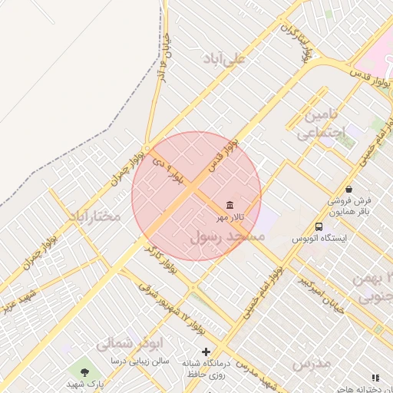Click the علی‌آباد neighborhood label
[x=223, y=58]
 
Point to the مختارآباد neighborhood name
[x=94, y=216]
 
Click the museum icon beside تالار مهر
[x=230, y=205]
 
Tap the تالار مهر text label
[x=230, y=217]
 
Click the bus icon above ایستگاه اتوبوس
[x=319, y=226]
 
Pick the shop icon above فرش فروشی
[x=349, y=189]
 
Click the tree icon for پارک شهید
[x=84, y=372]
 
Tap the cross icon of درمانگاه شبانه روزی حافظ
[x=206, y=352]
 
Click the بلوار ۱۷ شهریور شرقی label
[x=168, y=304]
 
